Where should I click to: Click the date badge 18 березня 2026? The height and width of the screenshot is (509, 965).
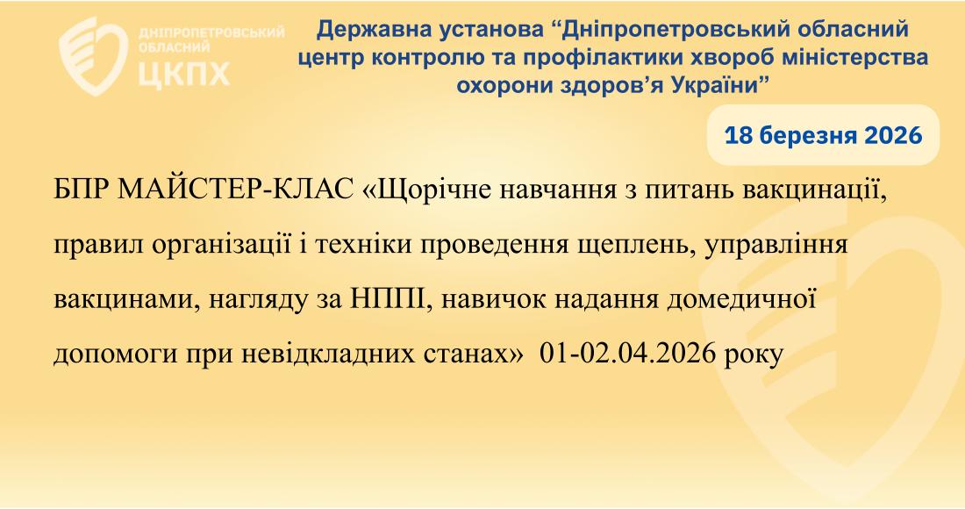tap(824, 135)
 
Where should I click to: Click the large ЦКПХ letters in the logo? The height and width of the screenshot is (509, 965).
tap(183, 73)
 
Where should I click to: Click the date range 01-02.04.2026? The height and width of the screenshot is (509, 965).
tap(627, 355)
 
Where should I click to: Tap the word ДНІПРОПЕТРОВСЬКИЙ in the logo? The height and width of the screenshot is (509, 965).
tap(211, 32)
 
